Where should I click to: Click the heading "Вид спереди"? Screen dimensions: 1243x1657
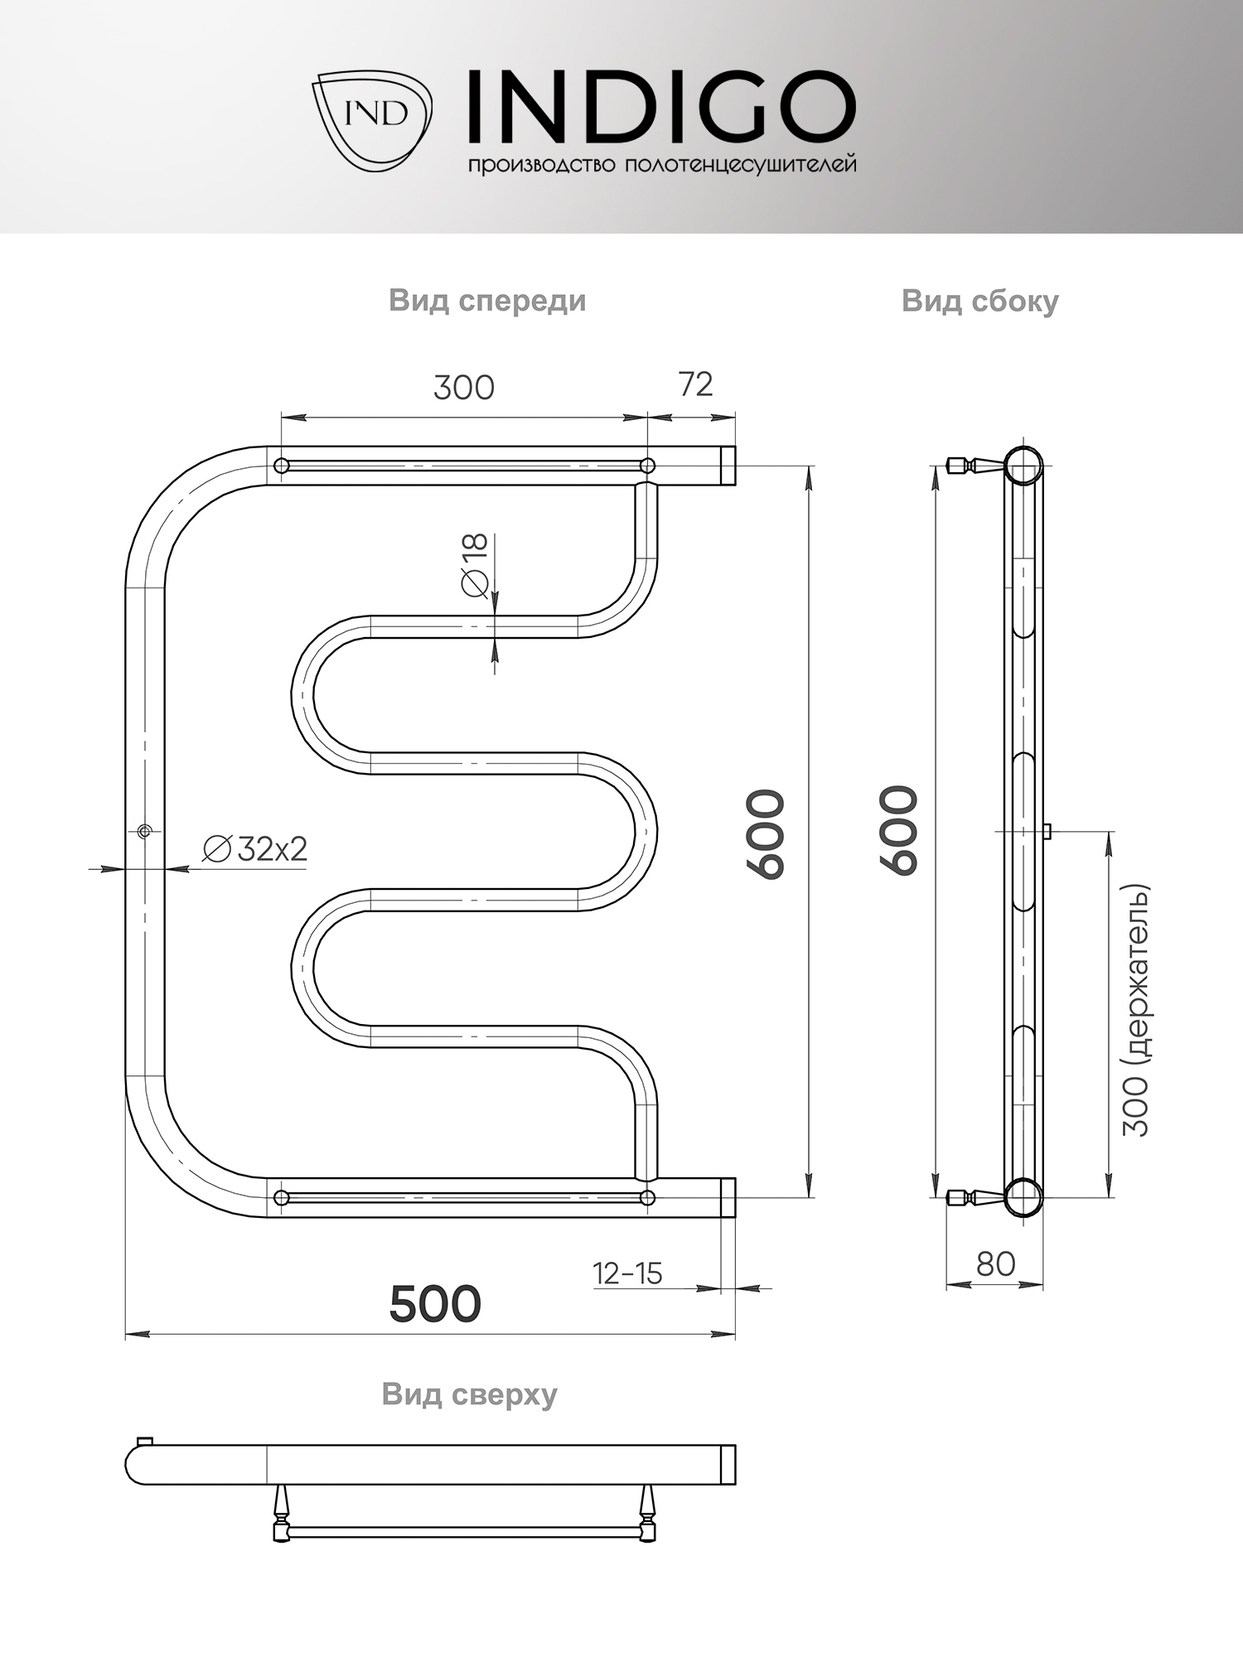[487, 300]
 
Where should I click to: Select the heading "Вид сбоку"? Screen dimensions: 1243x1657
[980, 301]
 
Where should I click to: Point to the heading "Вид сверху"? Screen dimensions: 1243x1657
[470, 1394]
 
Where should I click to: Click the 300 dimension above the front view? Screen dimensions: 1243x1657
[464, 388]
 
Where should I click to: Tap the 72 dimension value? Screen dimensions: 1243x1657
[695, 384]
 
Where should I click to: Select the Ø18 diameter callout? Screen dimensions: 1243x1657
[475, 565]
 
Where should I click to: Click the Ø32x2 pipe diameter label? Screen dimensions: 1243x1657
[255, 849]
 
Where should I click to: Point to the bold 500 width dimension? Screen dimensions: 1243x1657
[435, 1304]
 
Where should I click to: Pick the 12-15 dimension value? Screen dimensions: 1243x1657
[627, 1273]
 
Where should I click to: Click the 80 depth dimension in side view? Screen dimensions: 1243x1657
[995, 1264]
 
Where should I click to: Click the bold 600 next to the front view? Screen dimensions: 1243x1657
[765, 833]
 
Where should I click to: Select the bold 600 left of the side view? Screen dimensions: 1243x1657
[899, 830]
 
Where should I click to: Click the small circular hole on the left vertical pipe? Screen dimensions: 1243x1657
[145, 831]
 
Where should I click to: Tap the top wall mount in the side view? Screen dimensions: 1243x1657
[976, 465]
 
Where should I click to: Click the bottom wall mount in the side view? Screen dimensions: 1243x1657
[976, 1197]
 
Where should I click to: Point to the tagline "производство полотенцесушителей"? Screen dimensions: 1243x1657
[662, 165]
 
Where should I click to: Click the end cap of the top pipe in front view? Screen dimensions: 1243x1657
[728, 466]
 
